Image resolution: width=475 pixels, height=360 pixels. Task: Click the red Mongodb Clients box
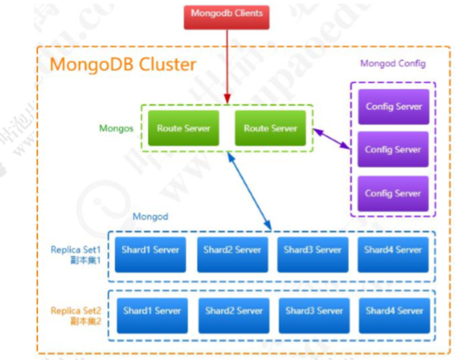point(227,15)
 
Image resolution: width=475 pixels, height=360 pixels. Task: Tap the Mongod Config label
point(393,64)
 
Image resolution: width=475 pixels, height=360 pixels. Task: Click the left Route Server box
point(181,128)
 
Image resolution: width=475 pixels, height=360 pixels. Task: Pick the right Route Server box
point(270,128)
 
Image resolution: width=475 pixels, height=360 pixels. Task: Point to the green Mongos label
point(116,128)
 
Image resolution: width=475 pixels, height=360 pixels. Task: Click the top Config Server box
point(393,106)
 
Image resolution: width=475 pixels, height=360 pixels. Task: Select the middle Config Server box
point(393,149)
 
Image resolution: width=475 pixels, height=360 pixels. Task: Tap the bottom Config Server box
point(393,193)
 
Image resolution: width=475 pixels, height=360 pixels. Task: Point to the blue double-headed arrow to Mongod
point(249,190)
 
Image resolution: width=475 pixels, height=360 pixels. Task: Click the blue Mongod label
point(150,215)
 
